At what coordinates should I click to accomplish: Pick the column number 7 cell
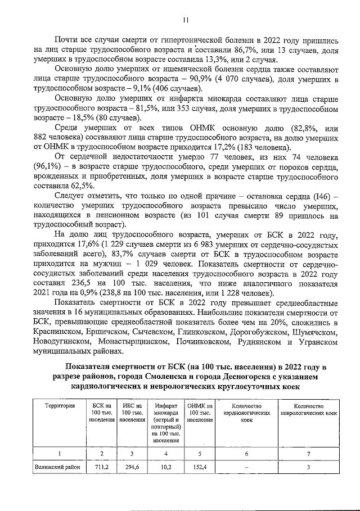[x=308, y=453]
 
